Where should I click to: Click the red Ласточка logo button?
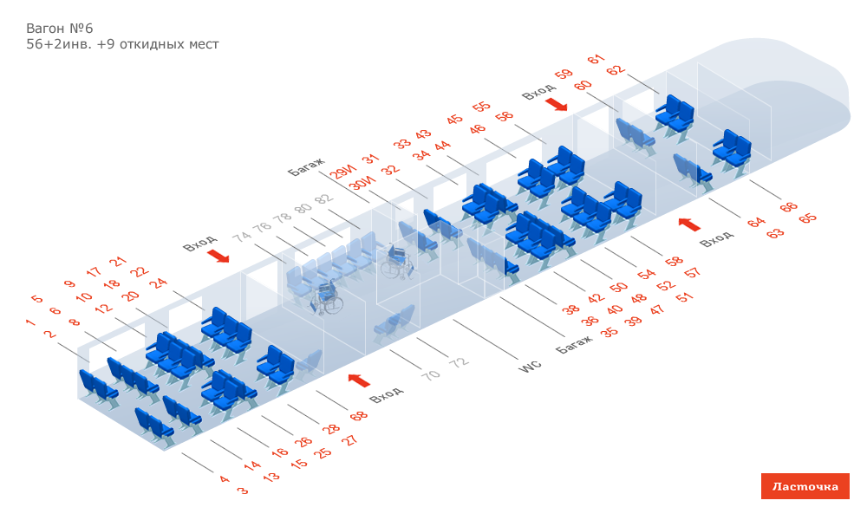(805, 486)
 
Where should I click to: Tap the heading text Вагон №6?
(59, 28)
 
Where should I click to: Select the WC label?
(530, 367)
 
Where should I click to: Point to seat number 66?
(788, 207)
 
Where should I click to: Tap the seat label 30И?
(362, 184)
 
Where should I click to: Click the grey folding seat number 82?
(323, 199)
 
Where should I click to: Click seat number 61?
(595, 60)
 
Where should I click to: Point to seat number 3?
(243, 491)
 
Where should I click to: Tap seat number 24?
(158, 283)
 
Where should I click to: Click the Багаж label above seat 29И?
(306, 166)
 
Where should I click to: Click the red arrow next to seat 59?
(556, 105)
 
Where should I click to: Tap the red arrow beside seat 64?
(689, 224)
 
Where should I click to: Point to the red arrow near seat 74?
(219, 257)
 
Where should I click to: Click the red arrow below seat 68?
(359, 380)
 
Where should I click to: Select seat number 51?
(685, 297)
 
